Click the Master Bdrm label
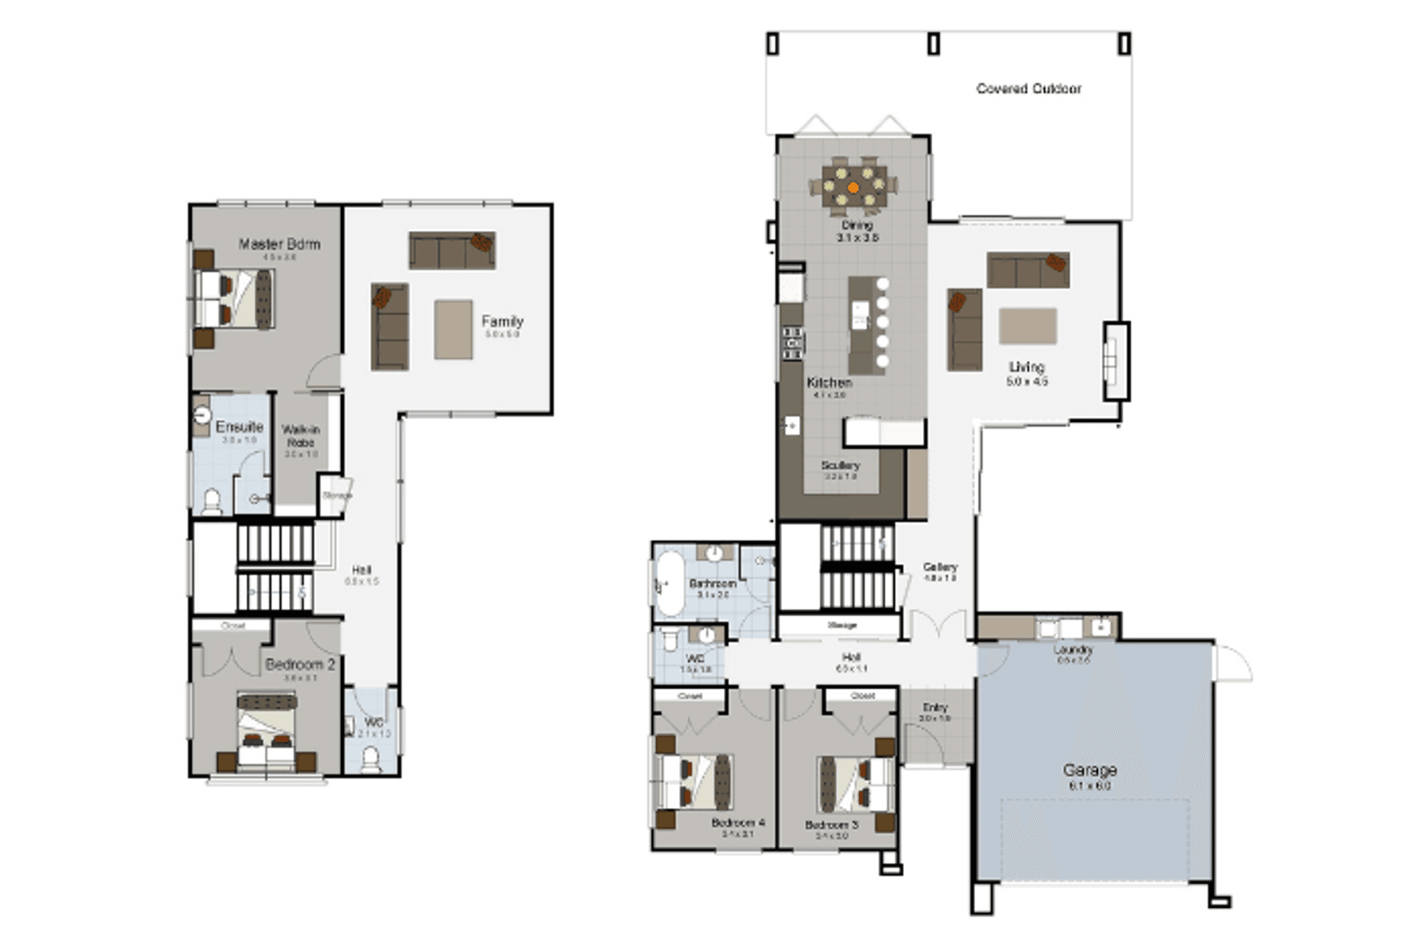tap(279, 244)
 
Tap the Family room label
tap(503, 321)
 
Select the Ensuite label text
tap(239, 427)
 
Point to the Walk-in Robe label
tap(301, 436)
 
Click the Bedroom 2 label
tap(300, 665)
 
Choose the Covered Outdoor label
tap(1028, 89)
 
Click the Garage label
tap(1090, 770)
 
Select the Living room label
tap(1027, 367)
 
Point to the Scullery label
tap(840, 465)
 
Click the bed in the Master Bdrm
tap(234, 298)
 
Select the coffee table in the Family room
tap(453, 329)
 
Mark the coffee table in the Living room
tap(1027, 326)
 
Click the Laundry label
tap(1073, 650)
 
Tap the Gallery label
tap(940, 567)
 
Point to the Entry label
tap(935, 707)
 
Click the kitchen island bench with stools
tap(867, 325)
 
